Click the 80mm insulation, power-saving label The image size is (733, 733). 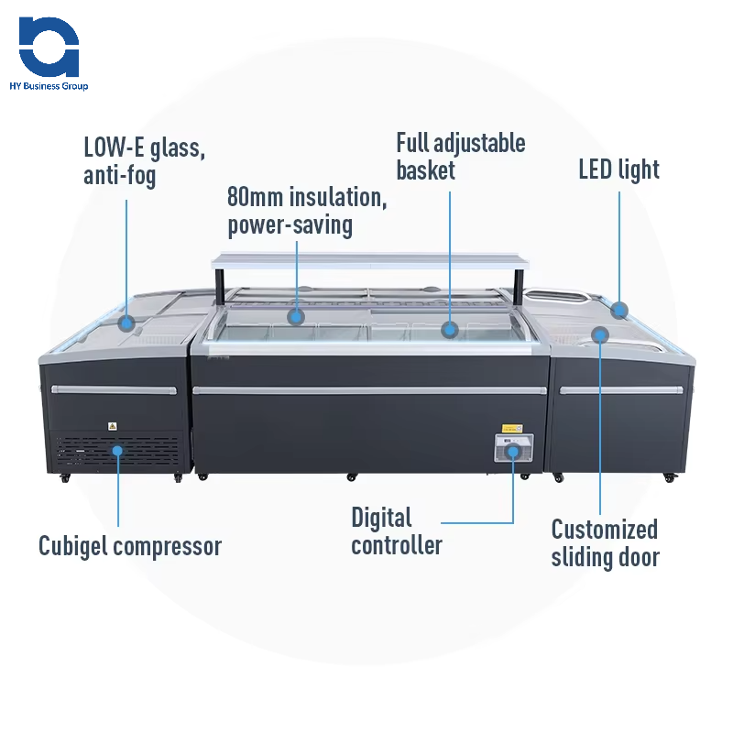click(x=290, y=211)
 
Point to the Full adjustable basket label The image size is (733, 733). click(x=460, y=157)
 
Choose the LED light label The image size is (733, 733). click(x=618, y=170)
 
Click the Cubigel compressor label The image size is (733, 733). click(x=130, y=547)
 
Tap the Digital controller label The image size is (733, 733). click(x=397, y=531)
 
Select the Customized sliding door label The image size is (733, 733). click(x=605, y=542)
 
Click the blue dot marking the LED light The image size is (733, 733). click(x=620, y=310)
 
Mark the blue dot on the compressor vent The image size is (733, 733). click(x=119, y=450)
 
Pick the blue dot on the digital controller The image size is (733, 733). click(x=514, y=450)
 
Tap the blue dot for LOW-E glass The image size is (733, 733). click(x=126, y=323)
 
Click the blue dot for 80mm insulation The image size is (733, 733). click(x=295, y=317)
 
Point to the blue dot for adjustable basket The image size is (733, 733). click(x=449, y=329)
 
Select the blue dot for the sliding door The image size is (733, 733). click(x=600, y=334)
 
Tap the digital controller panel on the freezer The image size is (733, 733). click(x=513, y=448)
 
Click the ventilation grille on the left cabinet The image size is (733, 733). click(x=119, y=453)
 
